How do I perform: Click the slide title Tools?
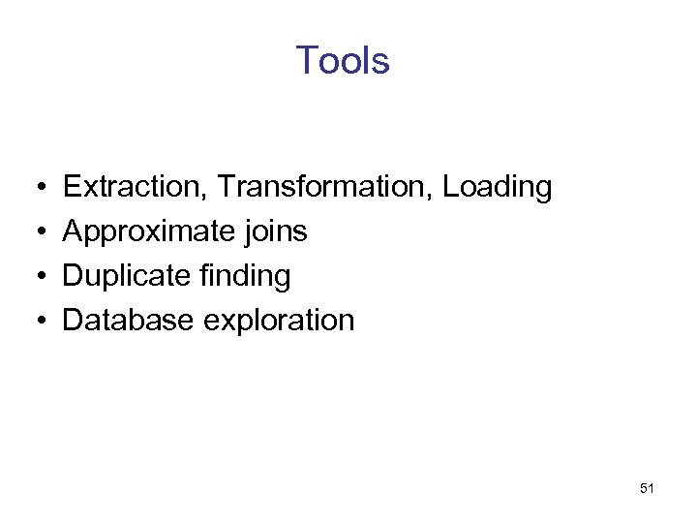click(343, 60)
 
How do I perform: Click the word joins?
click(275, 232)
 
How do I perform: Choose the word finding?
click(247, 276)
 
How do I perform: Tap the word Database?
click(128, 320)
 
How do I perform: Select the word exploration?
click(279, 321)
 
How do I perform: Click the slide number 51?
click(648, 489)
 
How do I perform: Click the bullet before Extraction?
click(35, 187)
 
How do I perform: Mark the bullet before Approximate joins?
click(35, 231)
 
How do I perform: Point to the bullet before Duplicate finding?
click(35, 276)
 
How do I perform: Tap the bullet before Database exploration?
click(35, 321)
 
